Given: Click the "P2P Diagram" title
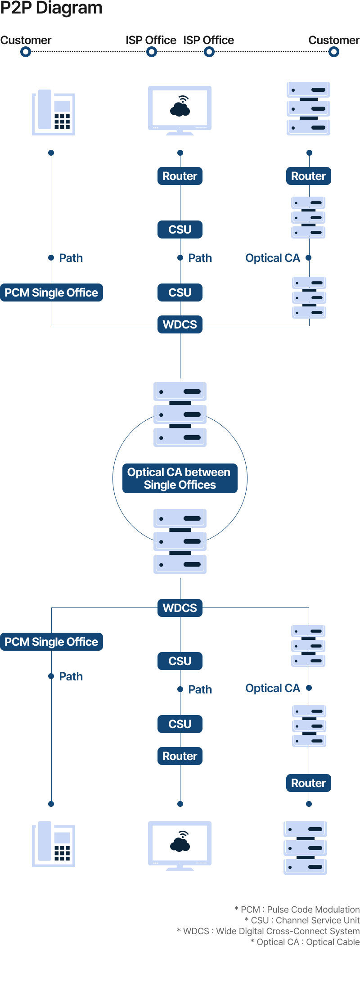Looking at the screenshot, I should pyautogui.click(x=51, y=8).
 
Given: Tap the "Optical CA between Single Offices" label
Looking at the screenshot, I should pyautogui.click(x=180, y=478).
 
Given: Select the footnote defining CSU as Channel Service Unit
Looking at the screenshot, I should pyautogui.click(x=302, y=920).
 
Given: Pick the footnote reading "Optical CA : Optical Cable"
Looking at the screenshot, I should pyautogui.click(x=305, y=942).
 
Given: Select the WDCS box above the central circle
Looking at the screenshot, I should pyautogui.click(x=180, y=324).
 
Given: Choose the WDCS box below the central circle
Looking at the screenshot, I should pyautogui.click(x=180, y=608).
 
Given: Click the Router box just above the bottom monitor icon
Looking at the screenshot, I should pyautogui.click(x=180, y=756).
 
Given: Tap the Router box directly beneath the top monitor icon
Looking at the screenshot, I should pyautogui.click(x=180, y=176).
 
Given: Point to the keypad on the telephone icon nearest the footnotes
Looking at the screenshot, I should pyautogui.click(x=62, y=853).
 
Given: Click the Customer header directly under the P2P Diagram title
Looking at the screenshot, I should pyautogui.click(x=26, y=40).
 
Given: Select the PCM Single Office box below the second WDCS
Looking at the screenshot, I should pyautogui.click(x=51, y=642).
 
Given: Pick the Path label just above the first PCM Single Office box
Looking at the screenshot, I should pyautogui.click(x=71, y=258).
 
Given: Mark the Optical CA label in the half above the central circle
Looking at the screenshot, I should pyautogui.click(x=273, y=258).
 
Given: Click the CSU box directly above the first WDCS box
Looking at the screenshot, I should pyautogui.click(x=180, y=292).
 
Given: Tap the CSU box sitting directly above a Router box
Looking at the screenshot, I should pyautogui.click(x=180, y=724).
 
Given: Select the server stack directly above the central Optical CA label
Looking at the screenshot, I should pyautogui.click(x=180, y=414).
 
